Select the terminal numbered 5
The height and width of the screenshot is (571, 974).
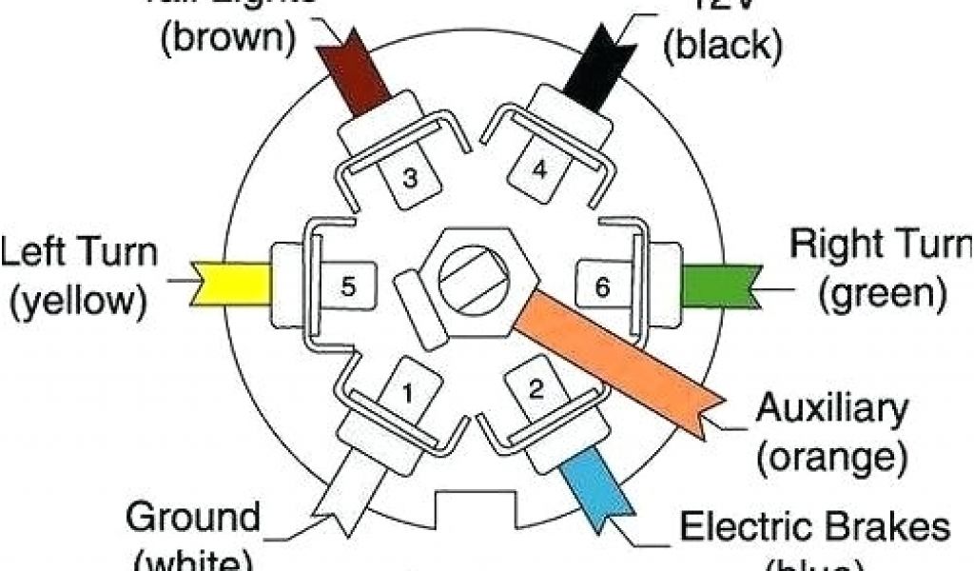349,285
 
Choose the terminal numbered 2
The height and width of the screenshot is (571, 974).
536,387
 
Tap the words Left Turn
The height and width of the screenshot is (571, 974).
79,255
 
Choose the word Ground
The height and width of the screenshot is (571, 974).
193,519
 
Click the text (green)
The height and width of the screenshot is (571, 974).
882,294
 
